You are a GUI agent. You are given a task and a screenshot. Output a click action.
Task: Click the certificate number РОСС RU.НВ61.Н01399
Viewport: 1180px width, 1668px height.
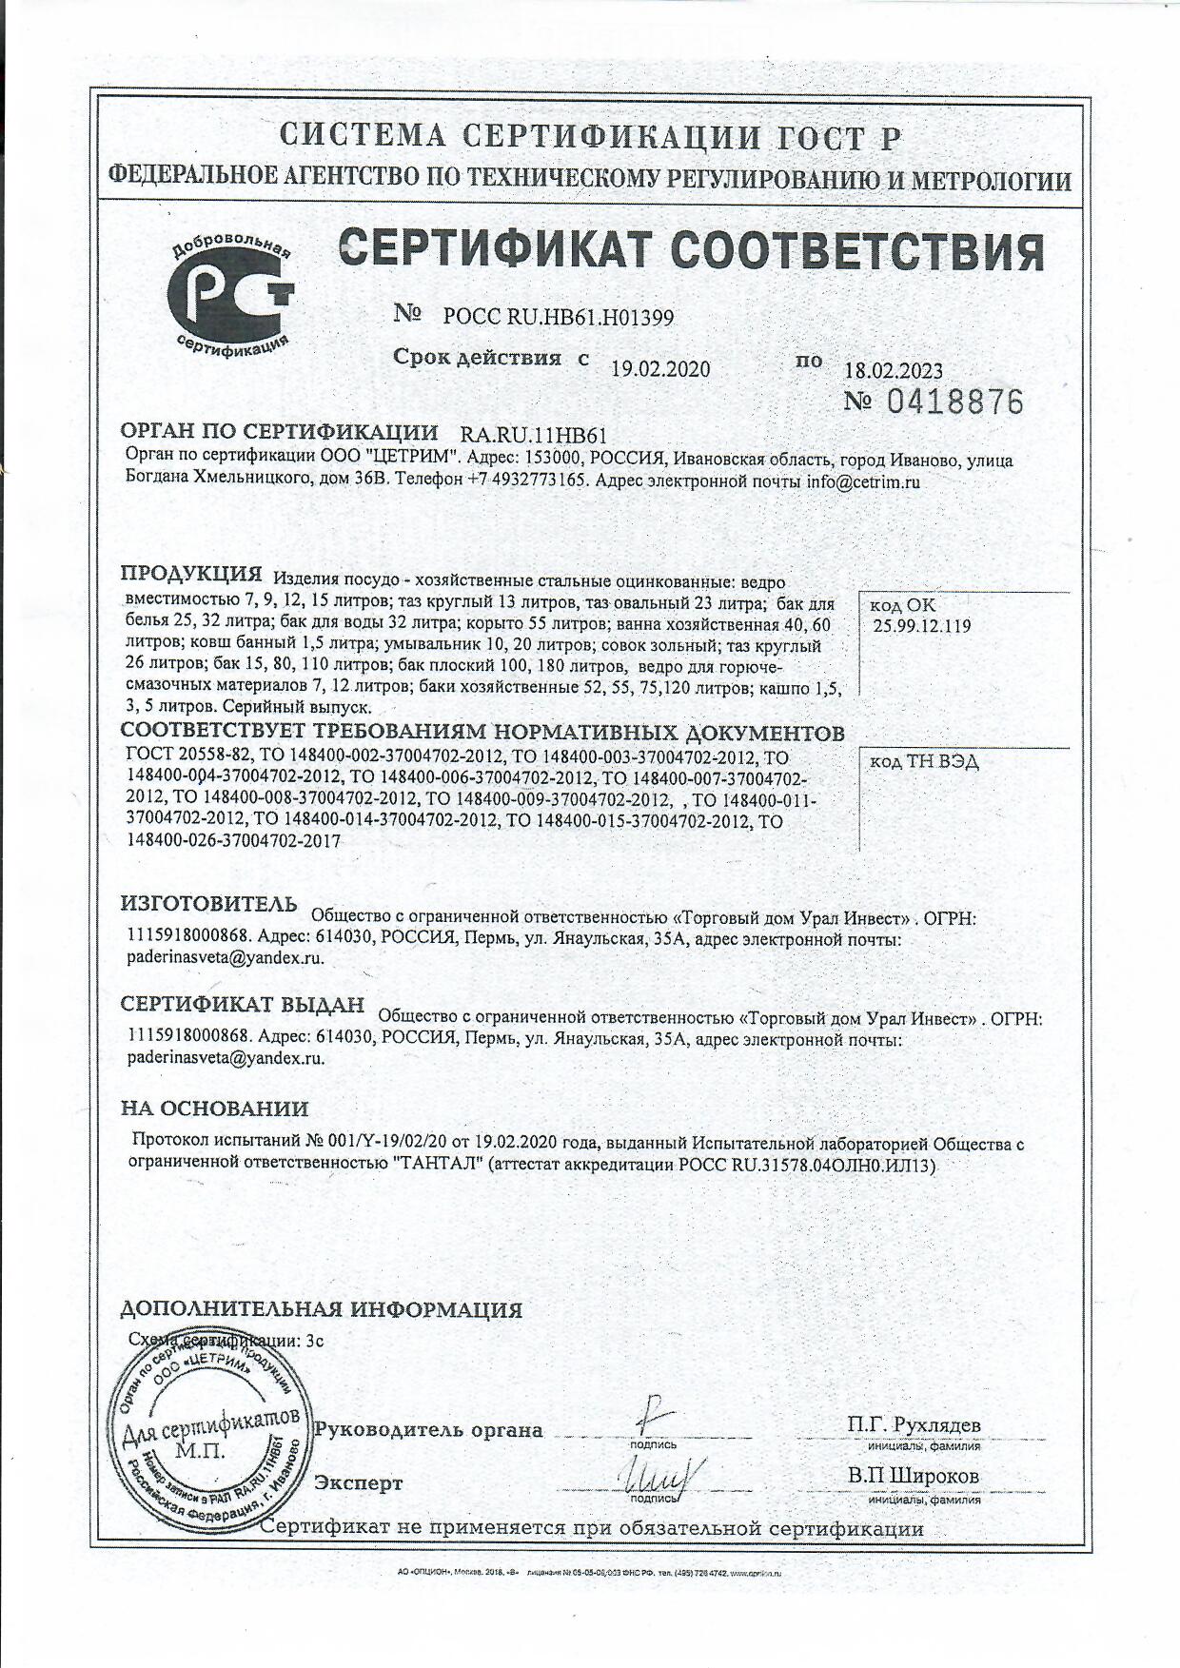(559, 318)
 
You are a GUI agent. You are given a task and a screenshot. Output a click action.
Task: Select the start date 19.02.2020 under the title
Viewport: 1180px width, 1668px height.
(659, 369)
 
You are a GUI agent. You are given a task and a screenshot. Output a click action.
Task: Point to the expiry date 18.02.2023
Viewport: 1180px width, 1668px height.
(894, 371)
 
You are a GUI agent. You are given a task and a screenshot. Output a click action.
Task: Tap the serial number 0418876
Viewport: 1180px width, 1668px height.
(954, 402)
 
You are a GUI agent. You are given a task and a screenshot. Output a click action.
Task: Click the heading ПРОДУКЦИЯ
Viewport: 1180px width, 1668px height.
(190, 574)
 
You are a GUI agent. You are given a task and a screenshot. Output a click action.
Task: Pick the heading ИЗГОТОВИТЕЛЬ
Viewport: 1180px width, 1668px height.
(209, 902)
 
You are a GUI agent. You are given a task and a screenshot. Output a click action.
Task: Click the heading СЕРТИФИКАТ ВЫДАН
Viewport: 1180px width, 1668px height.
(243, 1005)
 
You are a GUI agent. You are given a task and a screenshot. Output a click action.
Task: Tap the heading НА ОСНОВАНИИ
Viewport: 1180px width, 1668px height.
(214, 1108)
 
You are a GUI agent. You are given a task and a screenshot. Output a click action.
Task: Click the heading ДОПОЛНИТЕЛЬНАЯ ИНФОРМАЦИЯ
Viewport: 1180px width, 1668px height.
(321, 1309)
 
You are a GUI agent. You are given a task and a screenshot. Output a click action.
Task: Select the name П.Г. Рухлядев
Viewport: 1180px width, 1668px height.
(914, 1424)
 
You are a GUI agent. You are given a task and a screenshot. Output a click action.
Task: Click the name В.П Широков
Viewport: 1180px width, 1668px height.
(914, 1475)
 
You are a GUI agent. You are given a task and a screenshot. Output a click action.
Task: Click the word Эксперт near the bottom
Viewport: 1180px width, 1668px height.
(359, 1482)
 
